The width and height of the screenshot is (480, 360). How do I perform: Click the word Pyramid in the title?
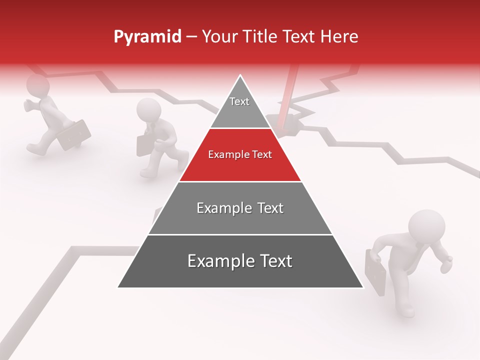(147, 37)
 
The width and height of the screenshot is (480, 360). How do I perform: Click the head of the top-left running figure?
(37, 85)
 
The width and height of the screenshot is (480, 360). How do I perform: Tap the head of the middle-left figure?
(148, 109)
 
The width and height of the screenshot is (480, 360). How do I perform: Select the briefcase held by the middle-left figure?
(144, 144)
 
